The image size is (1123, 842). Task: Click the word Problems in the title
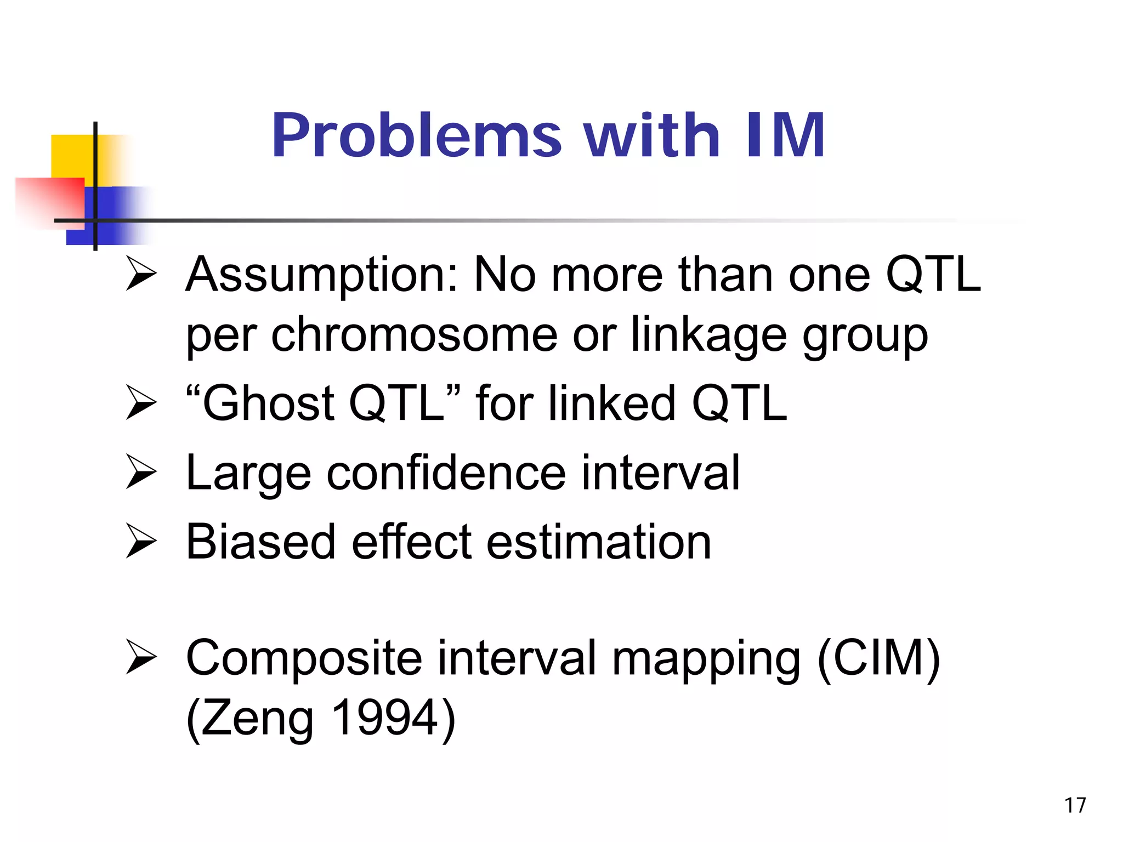pyautogui.click(x=417, y=135)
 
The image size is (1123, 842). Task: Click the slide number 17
pyautogui.click(x=1075, y=805)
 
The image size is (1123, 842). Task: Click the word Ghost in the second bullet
pyautogui.click(x=269, y=404)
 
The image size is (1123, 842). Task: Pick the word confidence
pyautogui.click(x=446, y=473)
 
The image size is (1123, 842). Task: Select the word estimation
pyautogui.click(x=599, y=542)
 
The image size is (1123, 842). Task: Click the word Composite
pyautogui.click(x=304, y=659)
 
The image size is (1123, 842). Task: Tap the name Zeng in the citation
pyautogui.click(x=258, y=719)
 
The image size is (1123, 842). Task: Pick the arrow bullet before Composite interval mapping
pyautogui.click(x=141, y=656)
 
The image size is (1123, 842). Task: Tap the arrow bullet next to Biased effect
pyautogui.click(x=141, y=541)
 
